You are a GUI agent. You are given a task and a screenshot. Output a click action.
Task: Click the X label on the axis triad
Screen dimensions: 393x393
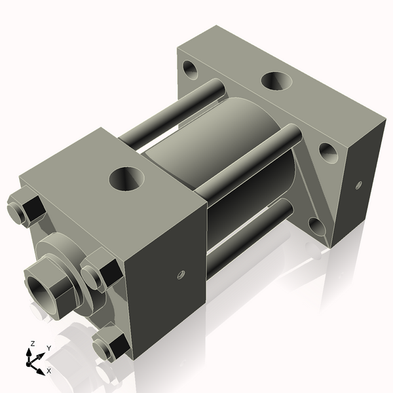coord(48,371)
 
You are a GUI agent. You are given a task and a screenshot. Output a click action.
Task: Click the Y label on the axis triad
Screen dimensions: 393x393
coord(48,348)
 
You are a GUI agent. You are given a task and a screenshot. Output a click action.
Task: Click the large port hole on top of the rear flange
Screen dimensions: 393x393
coord(275,81)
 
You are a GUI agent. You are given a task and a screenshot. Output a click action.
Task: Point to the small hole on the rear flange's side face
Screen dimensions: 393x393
coord(358,185)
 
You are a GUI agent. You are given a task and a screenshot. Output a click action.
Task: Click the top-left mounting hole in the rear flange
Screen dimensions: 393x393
coord(192,67)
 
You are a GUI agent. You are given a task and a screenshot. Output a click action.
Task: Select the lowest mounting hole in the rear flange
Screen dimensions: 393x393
coord(316,226)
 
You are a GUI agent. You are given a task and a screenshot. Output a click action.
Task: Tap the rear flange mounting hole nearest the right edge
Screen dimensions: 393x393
coord(327,153)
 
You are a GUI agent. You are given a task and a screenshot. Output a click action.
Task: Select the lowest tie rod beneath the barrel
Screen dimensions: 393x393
coord(249,229)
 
